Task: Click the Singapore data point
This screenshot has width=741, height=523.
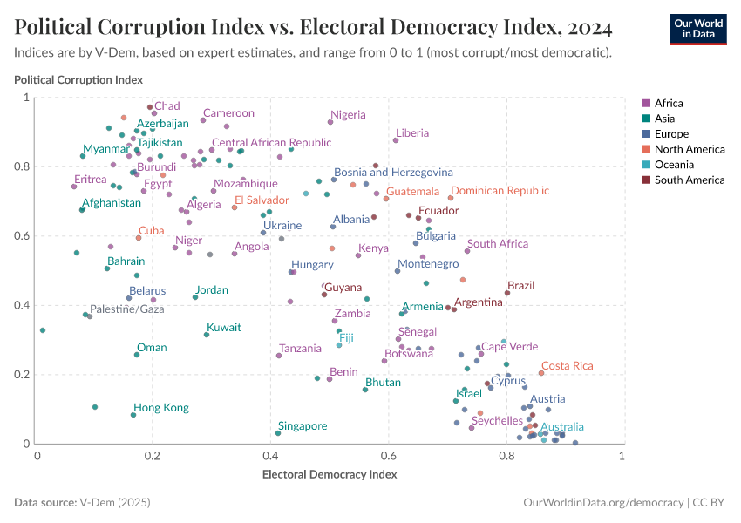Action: [x=278, y=433]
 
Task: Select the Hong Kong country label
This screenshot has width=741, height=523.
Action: [x=161, y=408]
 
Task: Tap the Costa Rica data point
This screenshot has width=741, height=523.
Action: [x=541, y=373]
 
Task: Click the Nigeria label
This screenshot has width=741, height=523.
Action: [x=348, y=115]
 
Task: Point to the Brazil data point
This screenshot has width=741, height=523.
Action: [x=507, y=293]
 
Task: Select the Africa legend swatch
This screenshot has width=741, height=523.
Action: [x=645, y=103]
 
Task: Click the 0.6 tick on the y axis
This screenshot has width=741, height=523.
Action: [x=24, y=235]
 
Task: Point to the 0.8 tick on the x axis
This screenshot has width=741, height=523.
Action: [x=506, y=456]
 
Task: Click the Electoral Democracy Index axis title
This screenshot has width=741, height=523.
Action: [x=330, y=475]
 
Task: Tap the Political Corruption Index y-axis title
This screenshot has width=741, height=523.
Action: [x=78, y=79]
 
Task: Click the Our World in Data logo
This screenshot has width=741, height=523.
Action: [x=698, y=29]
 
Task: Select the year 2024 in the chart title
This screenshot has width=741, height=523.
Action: [x=587, y=28]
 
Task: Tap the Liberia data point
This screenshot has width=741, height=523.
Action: [x=396, y=140]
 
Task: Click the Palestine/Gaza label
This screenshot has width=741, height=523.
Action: [x=127, y=309]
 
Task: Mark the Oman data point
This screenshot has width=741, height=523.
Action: [x=137, y=355]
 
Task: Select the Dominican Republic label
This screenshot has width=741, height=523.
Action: [x=500, y=191]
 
